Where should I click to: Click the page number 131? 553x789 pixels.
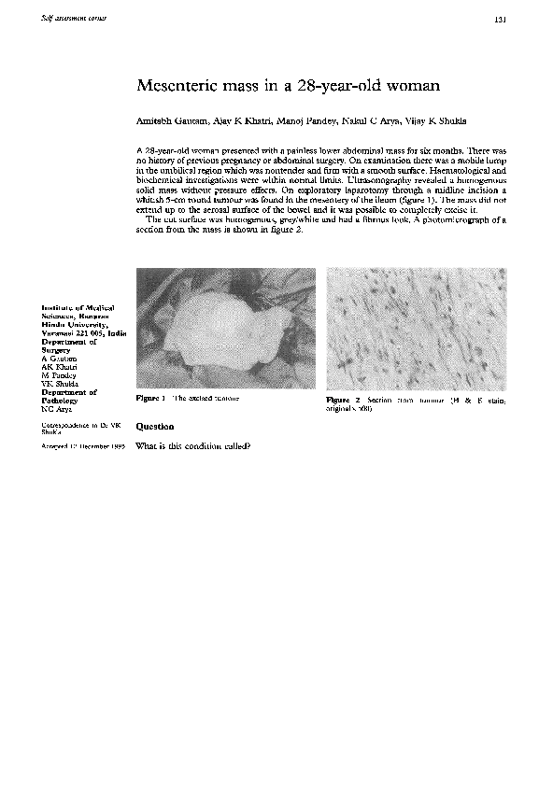coord(500,21)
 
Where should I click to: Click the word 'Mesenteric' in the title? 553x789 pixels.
coord(175,86)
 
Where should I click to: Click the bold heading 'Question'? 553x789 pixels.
coord(155,426)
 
